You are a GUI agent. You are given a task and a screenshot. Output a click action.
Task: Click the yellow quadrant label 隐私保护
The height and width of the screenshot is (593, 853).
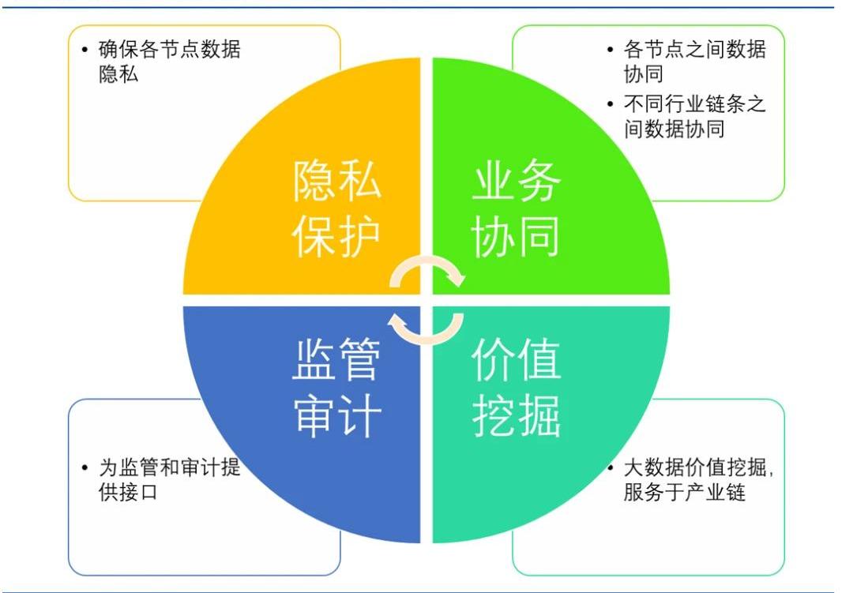[x=336, y=209]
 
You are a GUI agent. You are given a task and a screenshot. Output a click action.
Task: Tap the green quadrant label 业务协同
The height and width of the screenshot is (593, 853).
[x=516, y=209]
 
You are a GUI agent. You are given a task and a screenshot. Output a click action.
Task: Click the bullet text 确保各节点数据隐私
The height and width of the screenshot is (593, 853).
[x=169, y=62]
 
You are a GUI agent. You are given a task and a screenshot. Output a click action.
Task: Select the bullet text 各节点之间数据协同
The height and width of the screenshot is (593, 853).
[x=695, y=62]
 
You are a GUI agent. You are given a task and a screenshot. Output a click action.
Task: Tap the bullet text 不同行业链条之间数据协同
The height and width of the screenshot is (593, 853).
[x=695, y=116]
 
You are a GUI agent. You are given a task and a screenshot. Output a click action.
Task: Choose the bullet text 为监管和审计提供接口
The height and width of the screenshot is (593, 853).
[x=169, y=479]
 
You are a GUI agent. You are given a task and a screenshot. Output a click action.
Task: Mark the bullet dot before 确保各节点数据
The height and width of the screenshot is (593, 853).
[x=85, y=50]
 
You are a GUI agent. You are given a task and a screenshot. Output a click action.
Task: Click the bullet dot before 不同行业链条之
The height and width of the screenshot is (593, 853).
[x=611, y=104]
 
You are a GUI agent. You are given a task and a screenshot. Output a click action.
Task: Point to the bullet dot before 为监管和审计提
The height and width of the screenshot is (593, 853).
[x=85, y=468]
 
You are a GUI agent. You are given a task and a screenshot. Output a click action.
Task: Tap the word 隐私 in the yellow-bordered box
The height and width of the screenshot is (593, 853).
[x=118, y=74]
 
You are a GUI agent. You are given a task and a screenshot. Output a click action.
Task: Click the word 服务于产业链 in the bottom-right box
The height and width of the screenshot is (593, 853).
[x=684, y=493]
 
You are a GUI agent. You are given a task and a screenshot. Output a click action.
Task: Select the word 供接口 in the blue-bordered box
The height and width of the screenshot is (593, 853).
[x=129, y=493]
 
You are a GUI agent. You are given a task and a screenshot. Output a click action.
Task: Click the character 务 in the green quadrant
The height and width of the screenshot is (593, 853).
[x=539, y=181]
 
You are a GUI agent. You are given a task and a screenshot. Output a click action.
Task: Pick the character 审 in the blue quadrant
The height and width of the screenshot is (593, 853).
[x=314, y=415]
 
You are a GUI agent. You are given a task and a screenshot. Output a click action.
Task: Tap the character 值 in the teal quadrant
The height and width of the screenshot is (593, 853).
[x=539, y=359]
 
